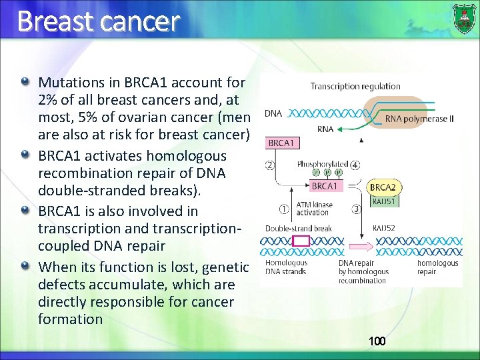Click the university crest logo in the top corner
[465, 19]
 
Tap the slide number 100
[377, 341]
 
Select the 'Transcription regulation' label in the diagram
[355, 86]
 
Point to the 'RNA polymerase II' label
[419, 119]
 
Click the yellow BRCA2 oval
[383, 187]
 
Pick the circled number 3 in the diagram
[356, 208]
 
